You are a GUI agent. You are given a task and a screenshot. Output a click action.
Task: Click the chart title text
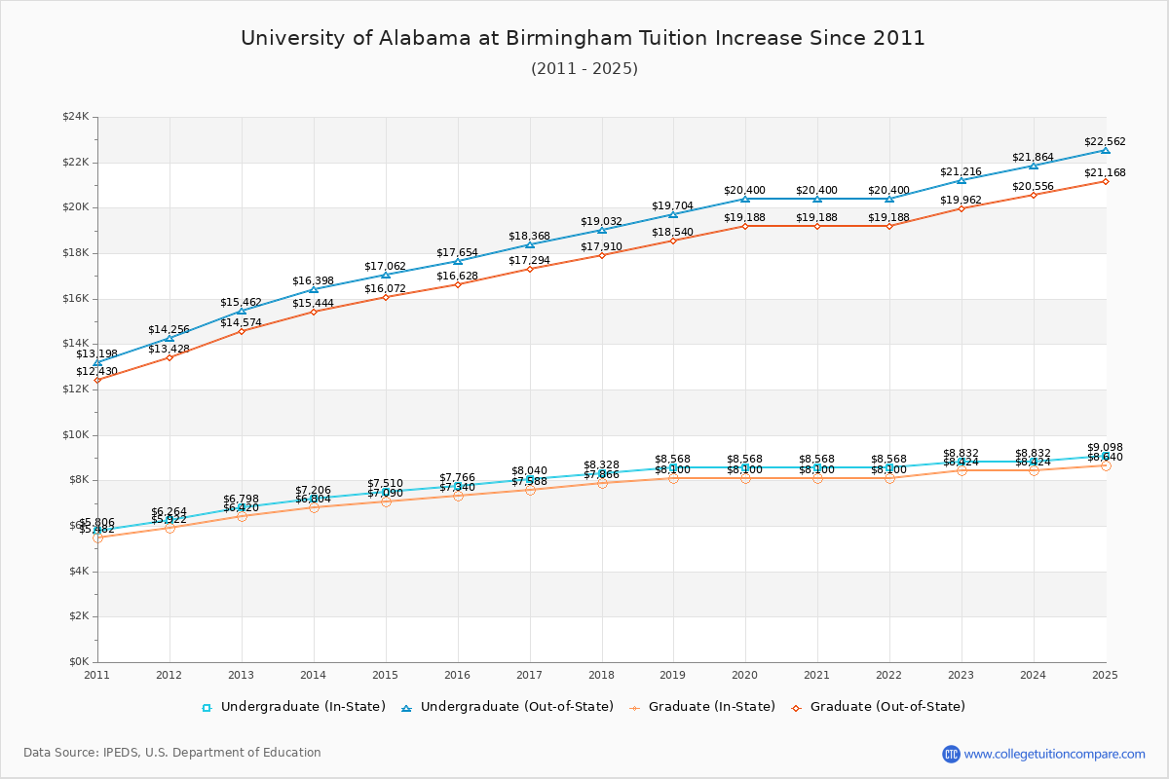(x=583, y=38)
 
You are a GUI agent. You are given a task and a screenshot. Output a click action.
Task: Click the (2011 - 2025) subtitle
(x=584, y=68)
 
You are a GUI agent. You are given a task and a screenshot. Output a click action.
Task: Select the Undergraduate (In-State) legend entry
(x=293, y=707)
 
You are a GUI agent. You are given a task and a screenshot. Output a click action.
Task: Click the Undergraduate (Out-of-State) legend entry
(x=507, y=707)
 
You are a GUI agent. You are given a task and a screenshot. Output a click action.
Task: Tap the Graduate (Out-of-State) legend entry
(x=877, y=707)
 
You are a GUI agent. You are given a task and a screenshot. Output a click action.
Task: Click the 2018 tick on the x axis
(x=601, y=674)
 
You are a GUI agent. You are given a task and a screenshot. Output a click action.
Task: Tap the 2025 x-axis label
(x=1105, y=674)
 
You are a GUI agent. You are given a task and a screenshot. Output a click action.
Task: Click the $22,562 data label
(x=1105, y=141)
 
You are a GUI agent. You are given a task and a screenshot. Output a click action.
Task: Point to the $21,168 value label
(x=1105, y=172)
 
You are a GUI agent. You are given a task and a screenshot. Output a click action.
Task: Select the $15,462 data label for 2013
(x=241, y=302)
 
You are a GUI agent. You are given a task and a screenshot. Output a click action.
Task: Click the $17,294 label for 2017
(x=529, y=261)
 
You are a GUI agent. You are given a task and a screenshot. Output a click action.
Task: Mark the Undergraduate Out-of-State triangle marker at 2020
(x=745, y=199)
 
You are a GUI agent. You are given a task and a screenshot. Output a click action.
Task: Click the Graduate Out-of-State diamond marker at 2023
(x=962, y=208)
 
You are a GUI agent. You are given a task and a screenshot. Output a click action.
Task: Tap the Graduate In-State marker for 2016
(x=457, y=496)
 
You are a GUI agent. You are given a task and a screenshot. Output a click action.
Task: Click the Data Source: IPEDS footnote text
(x=172, y=753)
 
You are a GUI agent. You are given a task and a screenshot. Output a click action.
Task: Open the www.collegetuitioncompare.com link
(x=1054, y=754)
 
